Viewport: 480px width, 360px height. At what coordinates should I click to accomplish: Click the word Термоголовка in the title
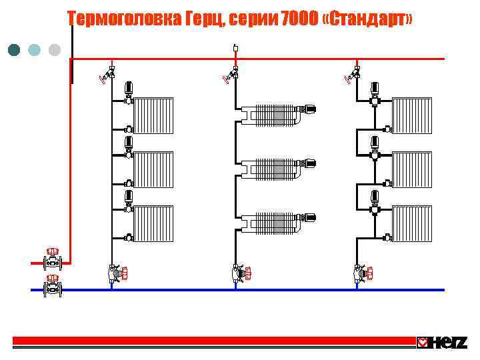[x=124, y=19]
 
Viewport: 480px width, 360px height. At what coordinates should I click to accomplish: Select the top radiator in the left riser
[x=154, y=115]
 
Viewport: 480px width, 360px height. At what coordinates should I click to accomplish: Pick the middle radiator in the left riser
[x=154, y=169]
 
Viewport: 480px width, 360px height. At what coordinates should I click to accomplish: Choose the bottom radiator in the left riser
[x=154, y=223]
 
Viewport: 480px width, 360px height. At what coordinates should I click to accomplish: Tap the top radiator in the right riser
[x=412, y=115]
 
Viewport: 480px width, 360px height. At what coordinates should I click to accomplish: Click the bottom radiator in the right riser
[x=412, y=223]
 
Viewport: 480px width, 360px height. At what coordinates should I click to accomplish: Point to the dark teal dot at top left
[x=13, y=50]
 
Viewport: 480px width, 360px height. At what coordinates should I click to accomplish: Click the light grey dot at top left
[x=55, y=50]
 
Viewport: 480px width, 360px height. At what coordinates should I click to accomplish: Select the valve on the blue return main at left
[x=52, y=288]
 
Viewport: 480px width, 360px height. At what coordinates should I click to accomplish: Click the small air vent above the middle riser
[x=235, y=48]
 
